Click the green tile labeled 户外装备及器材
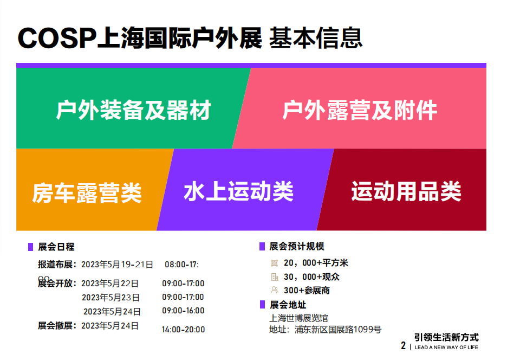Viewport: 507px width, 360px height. click(129, 108)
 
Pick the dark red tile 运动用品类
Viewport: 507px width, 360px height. click(404, 190)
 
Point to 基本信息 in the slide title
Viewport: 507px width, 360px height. click(316, 38)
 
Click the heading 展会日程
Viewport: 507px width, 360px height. click(56, 247)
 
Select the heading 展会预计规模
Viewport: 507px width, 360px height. click(297, 246)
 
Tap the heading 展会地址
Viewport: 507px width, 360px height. click(288, 305)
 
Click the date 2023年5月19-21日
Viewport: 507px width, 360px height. click(117, 265)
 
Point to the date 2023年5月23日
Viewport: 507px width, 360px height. click(110, 297)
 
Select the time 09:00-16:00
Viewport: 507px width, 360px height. click(183, 311)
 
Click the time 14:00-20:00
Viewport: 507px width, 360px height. click(183, 330)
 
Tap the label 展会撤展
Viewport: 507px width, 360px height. click(55, 325)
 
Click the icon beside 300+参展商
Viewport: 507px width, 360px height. click(275, 290)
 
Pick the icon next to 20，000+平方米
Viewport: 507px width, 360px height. click(275, 263)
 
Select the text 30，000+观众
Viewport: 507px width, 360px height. click(311, 277)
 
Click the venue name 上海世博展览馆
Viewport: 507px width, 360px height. click(299, 318)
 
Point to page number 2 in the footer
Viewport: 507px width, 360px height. click(403, 346)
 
